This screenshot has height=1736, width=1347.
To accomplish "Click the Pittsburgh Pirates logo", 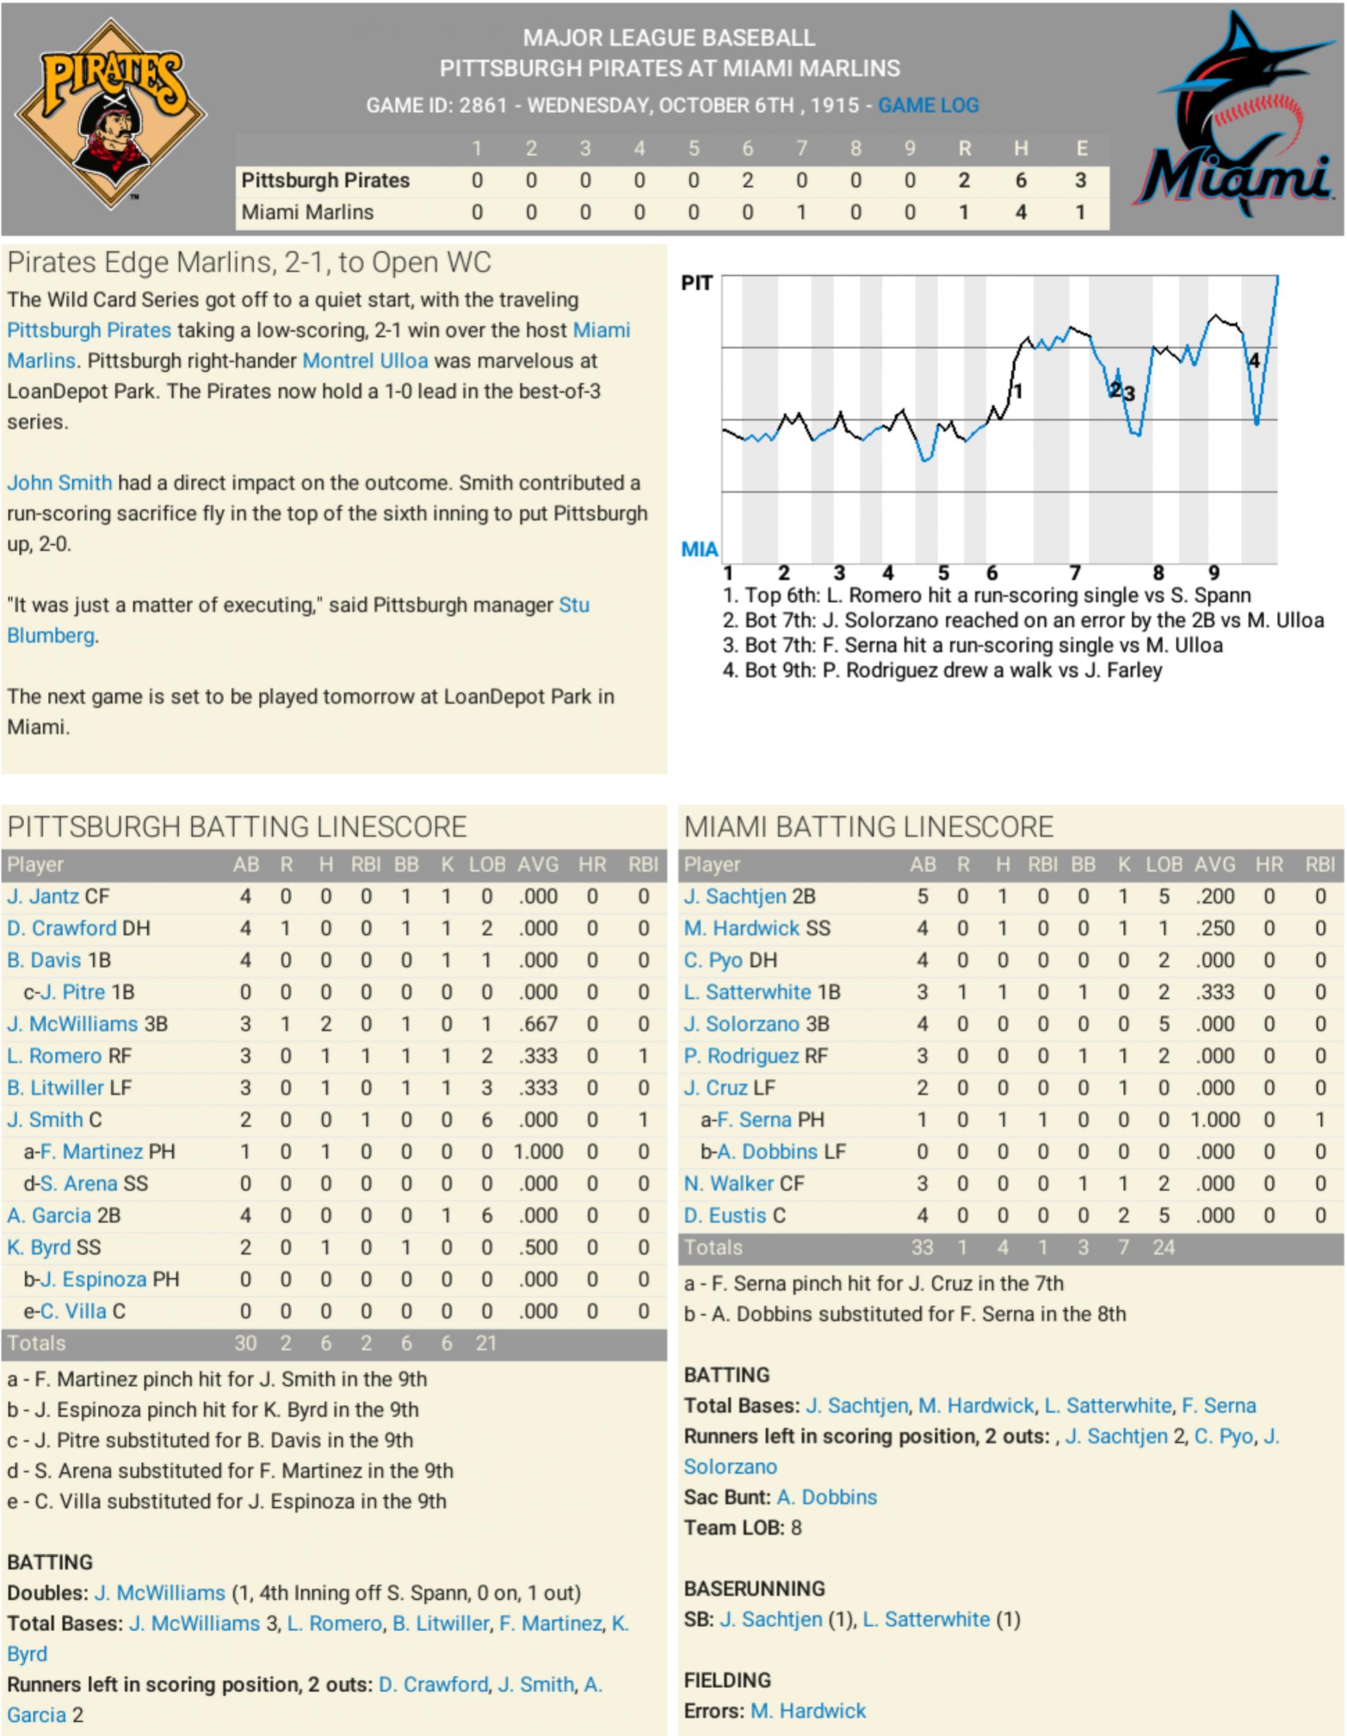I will [x=111, y=113].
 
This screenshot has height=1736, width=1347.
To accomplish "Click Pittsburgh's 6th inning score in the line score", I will [x=747, y=180].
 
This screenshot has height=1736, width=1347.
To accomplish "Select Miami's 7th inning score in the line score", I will [x=801, y=212].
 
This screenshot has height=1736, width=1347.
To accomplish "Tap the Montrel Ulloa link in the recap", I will [x=365, y=361].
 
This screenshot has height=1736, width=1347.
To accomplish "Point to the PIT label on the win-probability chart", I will [x=697, y=283].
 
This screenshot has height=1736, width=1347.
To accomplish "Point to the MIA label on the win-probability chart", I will [x=700, y=549].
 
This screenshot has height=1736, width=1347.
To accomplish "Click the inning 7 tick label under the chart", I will [x=1074, y=573].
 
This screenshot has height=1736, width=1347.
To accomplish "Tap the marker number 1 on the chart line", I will [x=1018, y=391].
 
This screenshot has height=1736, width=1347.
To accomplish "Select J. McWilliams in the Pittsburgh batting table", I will [x=72, y=1024].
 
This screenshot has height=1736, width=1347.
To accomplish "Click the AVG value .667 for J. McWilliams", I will [x=538, y=1024].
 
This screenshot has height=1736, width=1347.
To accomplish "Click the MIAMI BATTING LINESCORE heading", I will [x=869, y=827].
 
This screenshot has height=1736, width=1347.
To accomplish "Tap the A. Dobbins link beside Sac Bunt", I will [x=827, y=1497].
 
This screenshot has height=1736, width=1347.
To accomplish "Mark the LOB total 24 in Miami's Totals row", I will [x=1163, y=1247].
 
